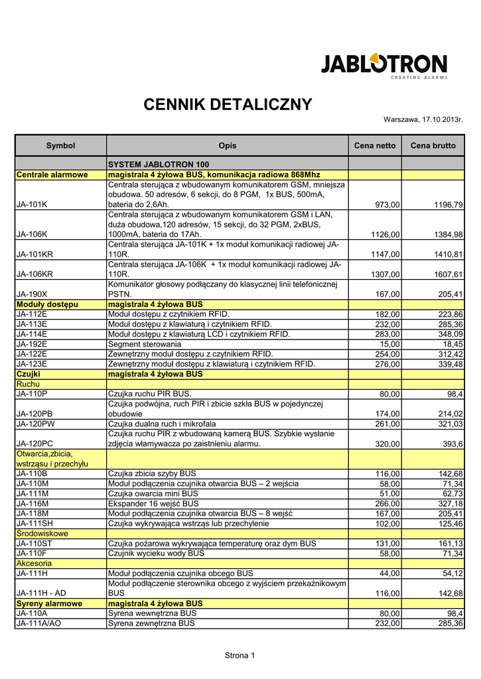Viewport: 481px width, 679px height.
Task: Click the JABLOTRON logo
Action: click(x=384, y=66)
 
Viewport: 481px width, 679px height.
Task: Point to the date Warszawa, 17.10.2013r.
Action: click(x=423, y=119)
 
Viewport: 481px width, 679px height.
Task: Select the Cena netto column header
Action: click(x=375, y=145)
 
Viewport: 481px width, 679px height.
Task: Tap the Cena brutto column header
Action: click(x=433, y=145)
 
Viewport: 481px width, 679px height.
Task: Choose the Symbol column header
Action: click(x=60, y=145)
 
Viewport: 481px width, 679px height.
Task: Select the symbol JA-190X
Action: click(x=32, y=294)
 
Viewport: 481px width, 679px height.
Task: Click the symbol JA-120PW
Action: click(x=36, y=424)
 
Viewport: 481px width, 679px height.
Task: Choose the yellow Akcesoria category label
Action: click(x=34, y=563)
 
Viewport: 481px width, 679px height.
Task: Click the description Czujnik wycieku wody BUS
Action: click(x=156, y=553)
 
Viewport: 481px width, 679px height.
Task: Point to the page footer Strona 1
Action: click(x=240, y=656)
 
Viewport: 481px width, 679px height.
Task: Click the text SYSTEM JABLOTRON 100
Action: click(x=159, y=164)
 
